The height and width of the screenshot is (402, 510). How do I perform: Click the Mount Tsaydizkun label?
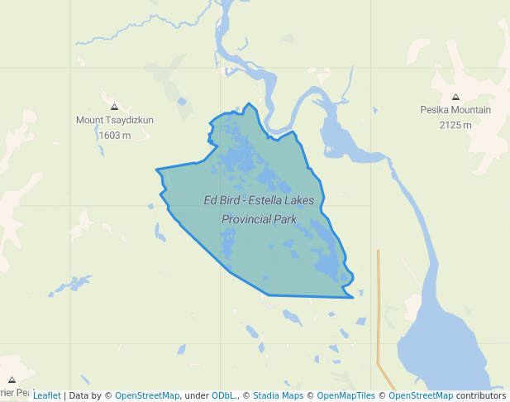pyautogui.click(x=114, y=120)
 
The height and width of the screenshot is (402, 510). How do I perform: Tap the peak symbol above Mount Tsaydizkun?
pyautogui.click(x=114, y=107)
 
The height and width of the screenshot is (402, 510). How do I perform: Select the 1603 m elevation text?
pyautogui.click(x=114, y=135)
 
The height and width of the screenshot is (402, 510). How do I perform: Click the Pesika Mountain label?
pyautogui.click(x=455, y=110)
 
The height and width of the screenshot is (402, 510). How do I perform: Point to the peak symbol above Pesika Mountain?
pyautogui.click(x=455, y=97)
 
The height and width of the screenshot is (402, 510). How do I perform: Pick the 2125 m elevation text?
pyautogui.click(x=455, y=125)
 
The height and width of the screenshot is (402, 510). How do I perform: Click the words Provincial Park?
pyautogui.click(x=260, y=219)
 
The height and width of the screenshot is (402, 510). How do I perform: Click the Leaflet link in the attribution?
pyautogui.click(x=47, y=395)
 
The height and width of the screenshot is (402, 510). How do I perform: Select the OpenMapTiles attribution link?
pyautogui.click(x=346, y=395)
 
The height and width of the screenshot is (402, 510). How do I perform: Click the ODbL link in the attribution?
pyautogui.click(x=223, y=395)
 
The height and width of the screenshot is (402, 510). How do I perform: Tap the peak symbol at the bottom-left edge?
pyautogui.click(x=12, y=380)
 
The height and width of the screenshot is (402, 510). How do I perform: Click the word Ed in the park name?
pyautogui.click(x=211, y=200)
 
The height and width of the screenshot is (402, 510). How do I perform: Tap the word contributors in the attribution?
pyautogui.click(x=481, y=395)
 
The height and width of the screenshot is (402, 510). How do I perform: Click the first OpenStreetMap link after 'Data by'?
pyautogui.click(x=146, y=395)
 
